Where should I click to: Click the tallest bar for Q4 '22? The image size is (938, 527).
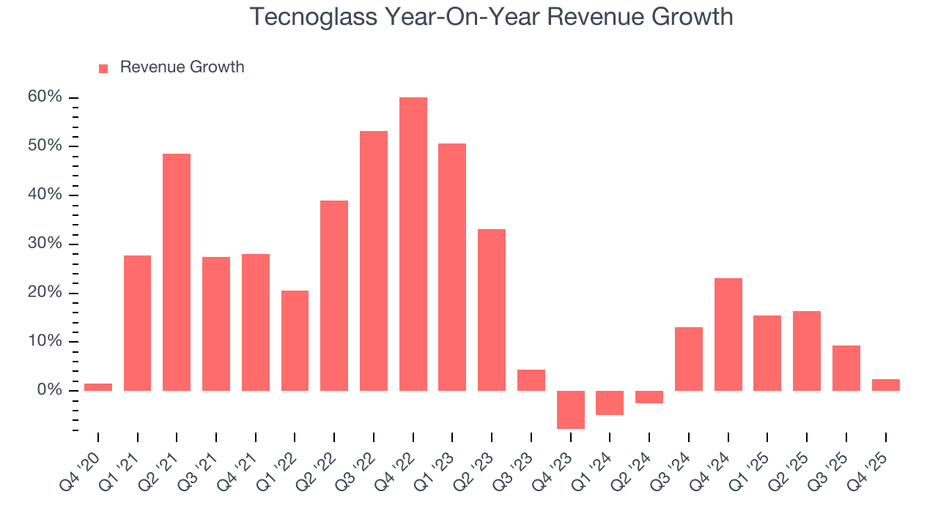[x=413, y=244]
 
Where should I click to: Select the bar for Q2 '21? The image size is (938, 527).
[x=177, y=272]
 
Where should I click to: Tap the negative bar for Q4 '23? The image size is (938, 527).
[x=570, y=409]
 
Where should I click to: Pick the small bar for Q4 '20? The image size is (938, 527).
[x=98, y=386]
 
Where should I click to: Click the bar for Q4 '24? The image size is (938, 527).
[x=728, y=334]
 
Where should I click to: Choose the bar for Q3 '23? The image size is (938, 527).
[x=531, y=380]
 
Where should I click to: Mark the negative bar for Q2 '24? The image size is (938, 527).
[x=649, y=397]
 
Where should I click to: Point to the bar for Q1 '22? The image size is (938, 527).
[x=295, y=340]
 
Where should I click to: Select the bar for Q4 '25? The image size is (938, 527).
[x=885, y=384]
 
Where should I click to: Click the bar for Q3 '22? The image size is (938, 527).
[x=374, y=261]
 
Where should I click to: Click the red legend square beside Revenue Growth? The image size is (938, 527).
[x=103, y=68]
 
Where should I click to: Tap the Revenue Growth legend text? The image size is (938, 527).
[x=182, y=67]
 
